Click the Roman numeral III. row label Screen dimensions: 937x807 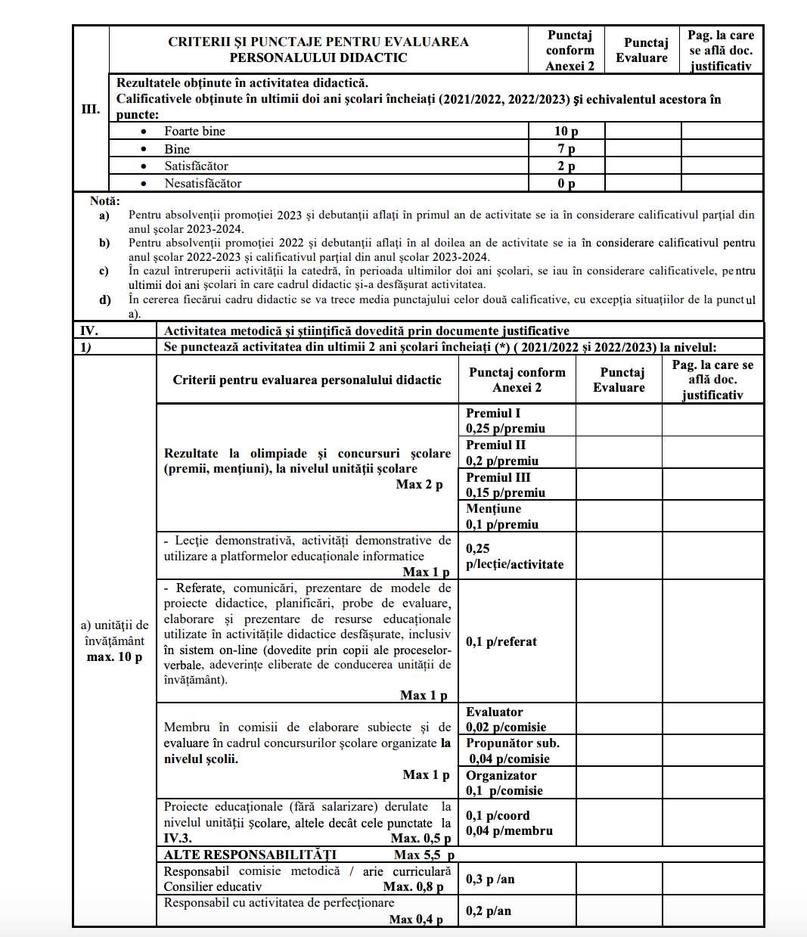(x=91, y=109)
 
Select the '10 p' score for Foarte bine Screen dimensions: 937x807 (x=566, y=132)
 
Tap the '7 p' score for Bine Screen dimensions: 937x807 (x=566, y=149)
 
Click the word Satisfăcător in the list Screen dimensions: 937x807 (x=196, y=166)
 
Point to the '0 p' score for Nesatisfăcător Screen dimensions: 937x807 (x=566, y=184)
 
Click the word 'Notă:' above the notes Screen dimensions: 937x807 (x=104, y=201)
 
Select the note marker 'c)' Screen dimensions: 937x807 (x=104, y=271)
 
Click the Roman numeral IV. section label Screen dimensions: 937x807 (x=89, y=330)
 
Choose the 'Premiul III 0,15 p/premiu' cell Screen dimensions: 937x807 (x=505, y=485)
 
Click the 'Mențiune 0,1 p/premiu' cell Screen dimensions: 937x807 (x=502, y=517)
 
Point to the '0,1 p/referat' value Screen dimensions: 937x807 (x=501, y=641)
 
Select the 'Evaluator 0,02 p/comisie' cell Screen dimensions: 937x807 (x=505, y=719)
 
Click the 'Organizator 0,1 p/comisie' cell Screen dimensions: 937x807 (x=504, y=783)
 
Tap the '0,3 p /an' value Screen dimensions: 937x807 (x=490, y=879)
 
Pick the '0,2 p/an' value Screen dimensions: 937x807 (x=489, y=911)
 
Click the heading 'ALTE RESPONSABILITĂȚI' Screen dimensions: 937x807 (x=250, y=855)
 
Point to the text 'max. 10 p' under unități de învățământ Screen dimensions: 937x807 (x=114, y=656)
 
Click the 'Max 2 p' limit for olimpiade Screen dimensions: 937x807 (x=419, y=484)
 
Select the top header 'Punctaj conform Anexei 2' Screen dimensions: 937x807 (x=570, y=51)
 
